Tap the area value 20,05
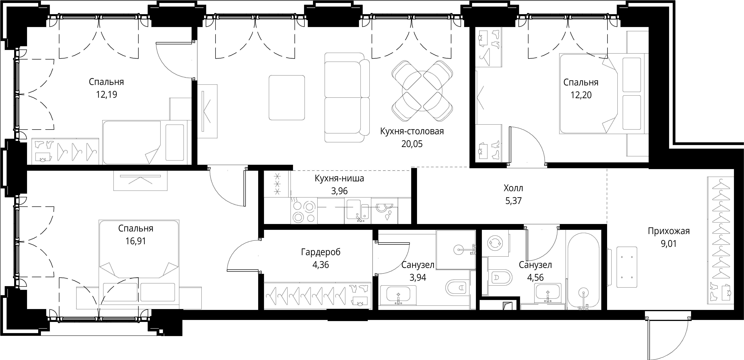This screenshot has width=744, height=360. click(x=412, y=144)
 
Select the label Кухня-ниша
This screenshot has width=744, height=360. click(x=339, y=178)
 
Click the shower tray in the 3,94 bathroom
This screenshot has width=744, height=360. click(x=456, y=249)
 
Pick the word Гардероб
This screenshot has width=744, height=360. click(x=321, y=252)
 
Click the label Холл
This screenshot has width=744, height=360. click(x=513, y=188)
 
